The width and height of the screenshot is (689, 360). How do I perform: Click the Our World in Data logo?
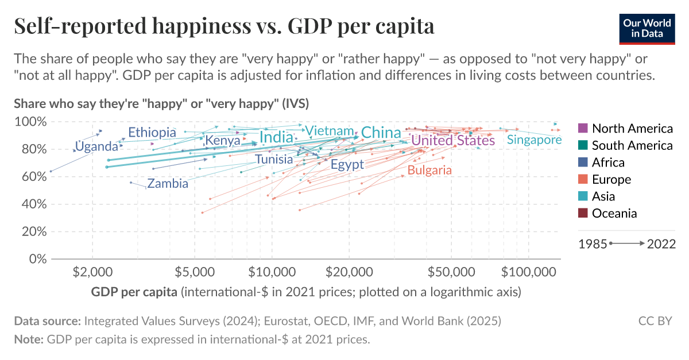click(647, 26)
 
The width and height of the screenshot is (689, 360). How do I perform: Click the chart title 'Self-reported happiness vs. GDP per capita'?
click(223, 26)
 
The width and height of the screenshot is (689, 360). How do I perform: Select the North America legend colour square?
click(582, 128)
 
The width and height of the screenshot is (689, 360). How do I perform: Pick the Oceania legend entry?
click(614, 214)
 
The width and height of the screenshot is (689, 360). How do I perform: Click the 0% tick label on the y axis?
click(37, 259)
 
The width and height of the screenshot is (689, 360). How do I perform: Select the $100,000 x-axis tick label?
click(527, 270)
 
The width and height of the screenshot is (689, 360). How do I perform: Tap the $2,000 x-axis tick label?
click(92, 270)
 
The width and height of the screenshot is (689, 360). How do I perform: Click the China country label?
click(381, 133)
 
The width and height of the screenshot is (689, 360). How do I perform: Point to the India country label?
click(276, 137)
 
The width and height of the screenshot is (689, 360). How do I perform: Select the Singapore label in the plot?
click(534, 140)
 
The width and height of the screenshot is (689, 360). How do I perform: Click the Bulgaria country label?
click(429, 170)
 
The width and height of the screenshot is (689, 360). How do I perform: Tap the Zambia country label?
click(168, 184)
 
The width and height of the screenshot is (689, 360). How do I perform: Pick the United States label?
click(453, 141)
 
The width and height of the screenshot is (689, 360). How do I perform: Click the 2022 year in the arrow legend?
click(661, 244)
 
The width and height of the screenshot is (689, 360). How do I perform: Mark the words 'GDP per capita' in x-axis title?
click(134, 292)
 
